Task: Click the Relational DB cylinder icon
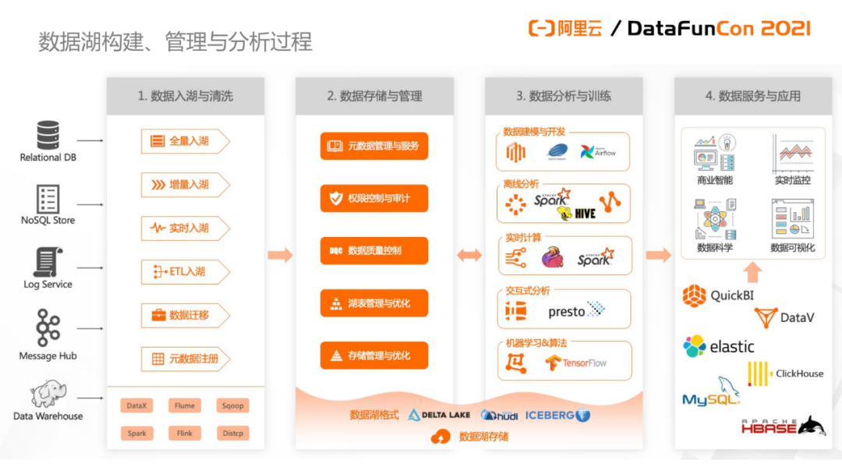pos(48,135)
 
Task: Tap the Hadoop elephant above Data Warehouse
pos(48,394)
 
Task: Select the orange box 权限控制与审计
pos(374,198)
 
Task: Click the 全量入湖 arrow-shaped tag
pos(186,141)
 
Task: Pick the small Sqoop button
pos(232,405)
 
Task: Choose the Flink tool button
pos(185,433)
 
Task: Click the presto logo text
pos(567,312)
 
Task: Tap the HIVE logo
pos(578,213)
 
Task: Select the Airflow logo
pos(598,152)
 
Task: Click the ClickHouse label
pos(799,373)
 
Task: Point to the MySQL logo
pos(710,394)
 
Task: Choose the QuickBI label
pos(732,295)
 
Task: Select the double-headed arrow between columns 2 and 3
pos(469,255)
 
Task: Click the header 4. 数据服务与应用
pos(753,96)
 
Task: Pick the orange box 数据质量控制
pos(374,250)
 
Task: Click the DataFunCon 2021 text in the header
pos(718,29)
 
